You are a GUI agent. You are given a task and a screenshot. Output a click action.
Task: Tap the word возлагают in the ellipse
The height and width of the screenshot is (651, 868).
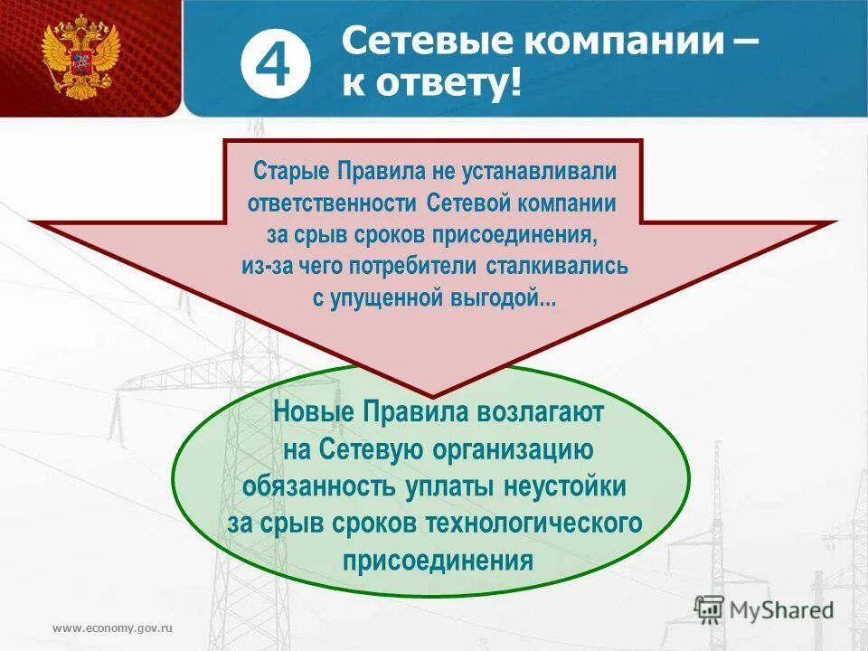point(527,413)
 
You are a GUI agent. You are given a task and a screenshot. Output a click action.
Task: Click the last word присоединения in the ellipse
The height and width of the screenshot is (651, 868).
point(438,559)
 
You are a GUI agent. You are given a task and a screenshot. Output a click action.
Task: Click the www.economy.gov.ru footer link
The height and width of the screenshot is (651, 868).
point(112,627)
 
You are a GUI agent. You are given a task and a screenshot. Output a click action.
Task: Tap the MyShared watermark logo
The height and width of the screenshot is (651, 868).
point(764,610)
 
